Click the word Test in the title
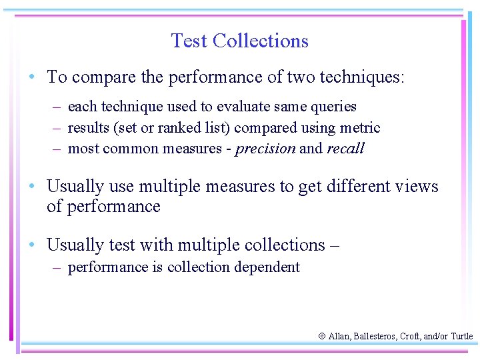click(189, 41)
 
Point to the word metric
click(361, 127)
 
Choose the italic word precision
click(265, 149)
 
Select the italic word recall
click(345, 149)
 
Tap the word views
click(415, 186)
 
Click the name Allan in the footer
click(341, 337)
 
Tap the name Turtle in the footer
click(461, 337)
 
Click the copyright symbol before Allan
click(322, 337)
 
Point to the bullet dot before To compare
click(32, 77)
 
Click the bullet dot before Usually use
click(32, 186)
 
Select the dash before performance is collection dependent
click(59, 267)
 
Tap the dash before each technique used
click(59, 107)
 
